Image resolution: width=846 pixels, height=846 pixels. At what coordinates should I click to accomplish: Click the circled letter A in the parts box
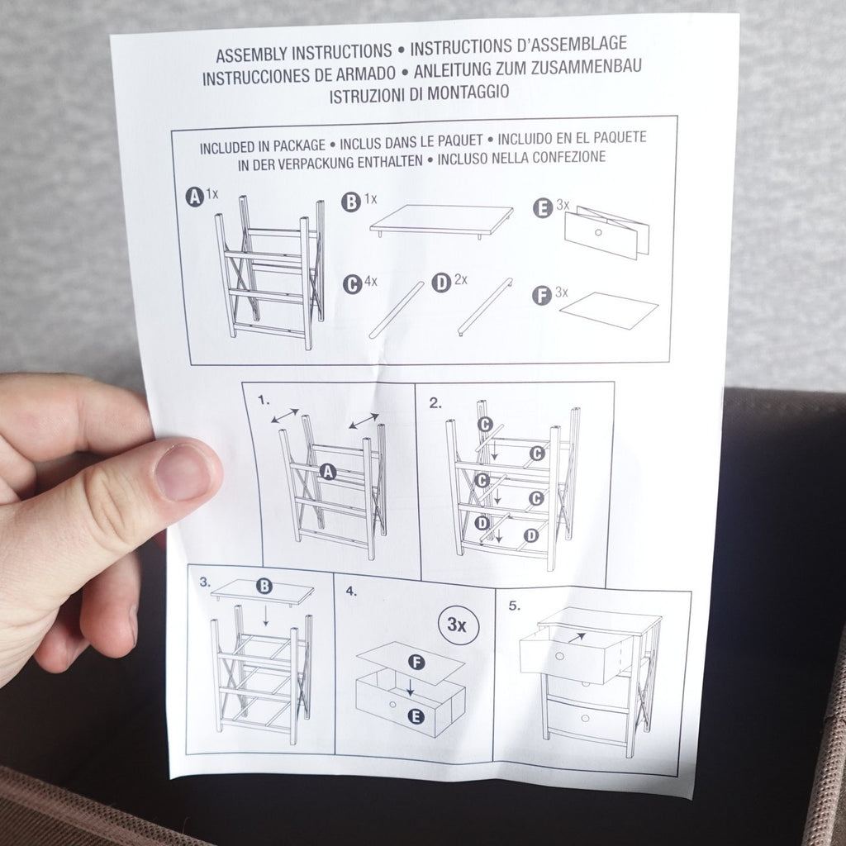point(195,197)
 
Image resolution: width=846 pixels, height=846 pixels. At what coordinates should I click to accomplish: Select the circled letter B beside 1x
point(350,202)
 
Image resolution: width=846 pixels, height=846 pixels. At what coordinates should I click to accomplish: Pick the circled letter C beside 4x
point(352,284)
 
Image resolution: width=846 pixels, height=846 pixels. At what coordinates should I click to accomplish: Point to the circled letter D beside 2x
point(441,283)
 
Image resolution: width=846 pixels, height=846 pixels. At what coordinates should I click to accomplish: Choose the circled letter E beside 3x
point(543,208)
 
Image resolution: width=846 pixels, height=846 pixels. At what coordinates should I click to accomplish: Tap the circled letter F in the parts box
point(542,296)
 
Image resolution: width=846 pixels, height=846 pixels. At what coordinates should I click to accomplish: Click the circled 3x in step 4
point(458,625)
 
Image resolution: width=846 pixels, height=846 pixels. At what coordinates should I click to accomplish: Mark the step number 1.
point(264,400)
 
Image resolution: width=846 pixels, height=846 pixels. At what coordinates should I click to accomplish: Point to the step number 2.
point(435,403)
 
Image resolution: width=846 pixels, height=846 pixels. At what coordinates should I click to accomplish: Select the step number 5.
point(514,606)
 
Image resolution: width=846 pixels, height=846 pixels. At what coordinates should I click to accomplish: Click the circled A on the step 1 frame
point(327,472)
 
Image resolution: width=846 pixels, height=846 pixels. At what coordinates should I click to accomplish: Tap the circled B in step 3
point(264,586)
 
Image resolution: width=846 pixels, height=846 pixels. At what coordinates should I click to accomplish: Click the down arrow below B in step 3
point(265,615)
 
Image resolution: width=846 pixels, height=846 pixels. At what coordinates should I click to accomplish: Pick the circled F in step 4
point(416,662)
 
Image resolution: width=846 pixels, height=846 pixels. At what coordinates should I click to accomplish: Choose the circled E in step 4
point(416,716)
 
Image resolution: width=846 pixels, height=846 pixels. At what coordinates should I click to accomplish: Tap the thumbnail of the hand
point(183,473)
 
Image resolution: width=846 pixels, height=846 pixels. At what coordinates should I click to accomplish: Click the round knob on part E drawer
point(598,232)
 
